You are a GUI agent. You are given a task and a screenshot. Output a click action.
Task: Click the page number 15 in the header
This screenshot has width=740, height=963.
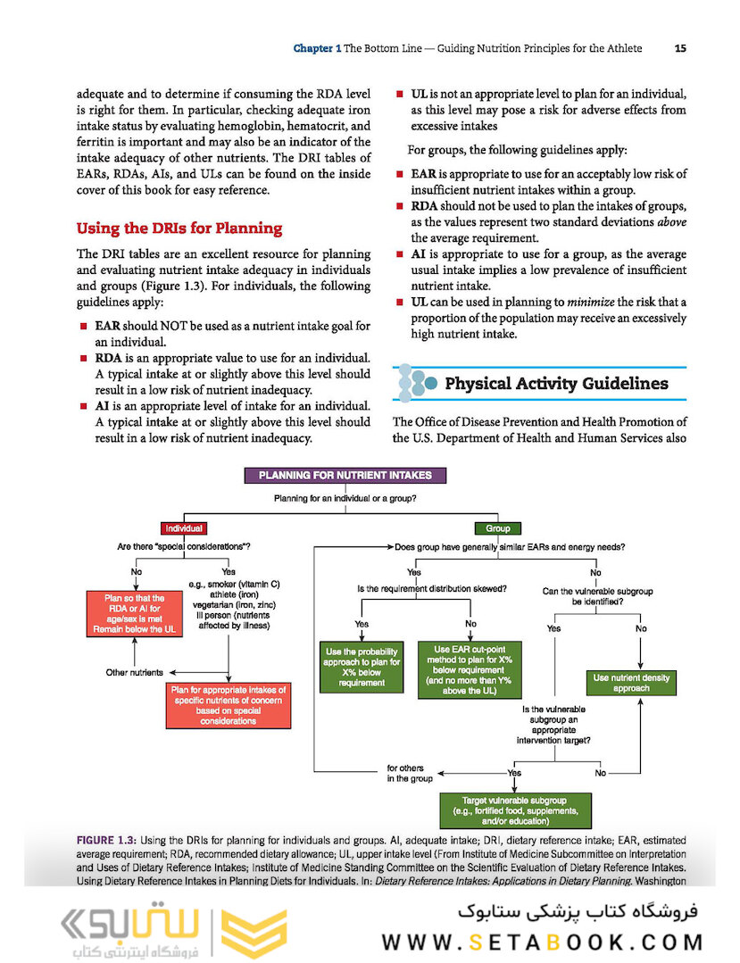click(x=680, y=48)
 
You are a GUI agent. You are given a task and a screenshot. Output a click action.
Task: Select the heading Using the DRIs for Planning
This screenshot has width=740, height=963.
click(x=179, y=228)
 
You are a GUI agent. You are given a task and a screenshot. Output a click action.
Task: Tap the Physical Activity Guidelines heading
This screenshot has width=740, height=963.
click(x=556, y=384)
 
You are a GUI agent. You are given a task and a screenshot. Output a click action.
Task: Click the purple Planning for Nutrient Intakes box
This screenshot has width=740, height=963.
click(x=345, y=476)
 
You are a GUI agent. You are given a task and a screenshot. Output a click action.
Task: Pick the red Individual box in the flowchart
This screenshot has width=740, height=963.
click(x=185, y=528)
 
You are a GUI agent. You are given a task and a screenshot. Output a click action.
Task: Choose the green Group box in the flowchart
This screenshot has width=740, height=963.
click(x=497, y=528)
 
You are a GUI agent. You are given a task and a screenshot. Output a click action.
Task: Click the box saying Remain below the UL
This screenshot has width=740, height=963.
click(x=134, y=613)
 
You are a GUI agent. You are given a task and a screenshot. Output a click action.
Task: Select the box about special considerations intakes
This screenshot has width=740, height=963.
click(x=229, y=705)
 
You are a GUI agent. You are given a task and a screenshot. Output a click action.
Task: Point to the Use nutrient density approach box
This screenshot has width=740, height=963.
click(x=630, y=684)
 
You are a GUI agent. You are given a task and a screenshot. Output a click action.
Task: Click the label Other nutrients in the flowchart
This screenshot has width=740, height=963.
click(x=134, y=672)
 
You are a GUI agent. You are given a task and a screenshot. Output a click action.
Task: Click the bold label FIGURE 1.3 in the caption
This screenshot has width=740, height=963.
click(x=107, y=841)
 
